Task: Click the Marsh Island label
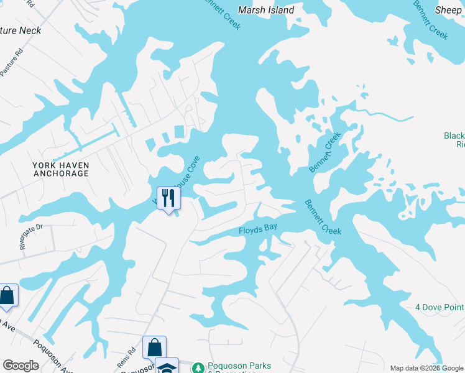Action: [267, 10]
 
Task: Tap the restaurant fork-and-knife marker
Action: [168, 198]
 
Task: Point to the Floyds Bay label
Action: [258, 229]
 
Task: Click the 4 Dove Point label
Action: [440, 307]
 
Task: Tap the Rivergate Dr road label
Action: [30, 236]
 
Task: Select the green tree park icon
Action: [198, 368]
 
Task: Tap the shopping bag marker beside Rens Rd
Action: [154, 347]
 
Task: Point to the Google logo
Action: [21, 366]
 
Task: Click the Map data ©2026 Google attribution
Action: [426, 368]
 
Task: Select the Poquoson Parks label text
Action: [239, 367]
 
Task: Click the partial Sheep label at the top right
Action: [448, 10]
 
